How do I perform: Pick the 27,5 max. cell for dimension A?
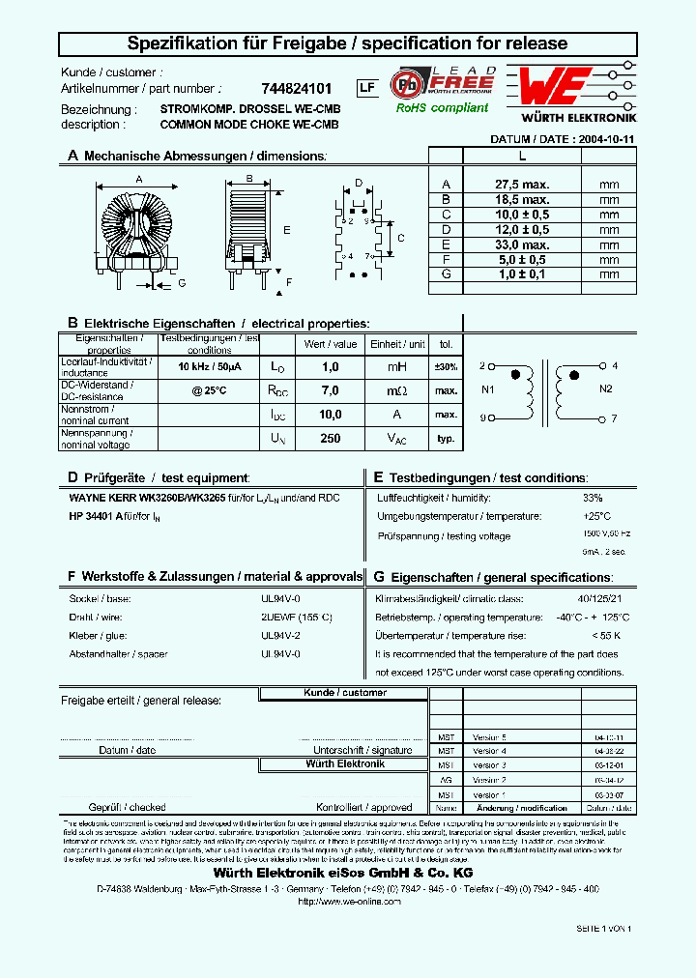522,184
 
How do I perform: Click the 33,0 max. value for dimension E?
522,244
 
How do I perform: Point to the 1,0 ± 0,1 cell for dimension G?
522,274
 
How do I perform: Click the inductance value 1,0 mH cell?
330,367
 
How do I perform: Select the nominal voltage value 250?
330,439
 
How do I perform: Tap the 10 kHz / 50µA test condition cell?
210,367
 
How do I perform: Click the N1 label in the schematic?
487,389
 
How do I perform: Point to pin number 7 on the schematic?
613,418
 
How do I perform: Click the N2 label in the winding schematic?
606,388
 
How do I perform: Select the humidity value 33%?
592,498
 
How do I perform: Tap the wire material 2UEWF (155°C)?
297,618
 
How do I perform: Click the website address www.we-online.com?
348,901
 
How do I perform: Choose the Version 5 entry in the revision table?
490,736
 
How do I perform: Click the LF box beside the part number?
366,88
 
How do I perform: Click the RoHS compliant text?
442,108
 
